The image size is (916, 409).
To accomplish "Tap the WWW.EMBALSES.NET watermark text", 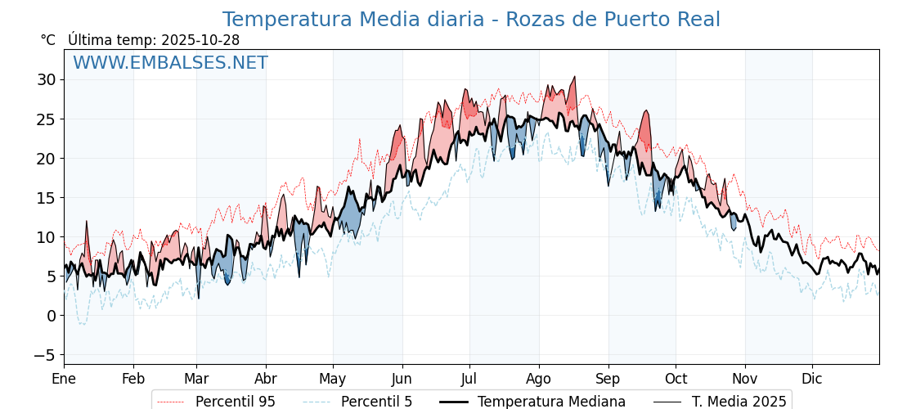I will coord(170,63).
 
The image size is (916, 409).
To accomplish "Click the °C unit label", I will coord(48,40).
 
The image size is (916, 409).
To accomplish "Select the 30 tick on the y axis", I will coord(46,79).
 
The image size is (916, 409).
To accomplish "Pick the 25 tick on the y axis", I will coord(46,119).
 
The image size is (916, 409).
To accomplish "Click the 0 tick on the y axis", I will coord(51,315).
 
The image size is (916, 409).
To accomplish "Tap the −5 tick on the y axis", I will coord(44,355).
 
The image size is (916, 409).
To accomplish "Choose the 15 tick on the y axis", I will coord(46,197).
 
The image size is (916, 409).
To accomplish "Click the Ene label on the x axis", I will coord(64,379).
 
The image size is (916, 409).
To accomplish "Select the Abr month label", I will coord(266,379).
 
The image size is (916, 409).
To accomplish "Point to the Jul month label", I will coord(469,379).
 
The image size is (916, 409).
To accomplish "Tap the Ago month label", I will coord(538,379).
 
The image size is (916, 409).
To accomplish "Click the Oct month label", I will coord(676,379).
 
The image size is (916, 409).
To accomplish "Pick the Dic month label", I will coord(812,379).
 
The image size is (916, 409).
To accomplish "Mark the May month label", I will coord(333,379).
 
